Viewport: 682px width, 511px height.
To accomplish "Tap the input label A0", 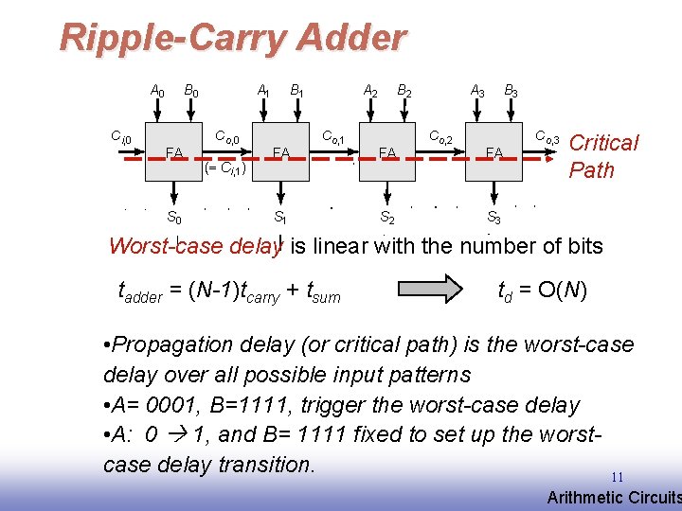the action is click(x=157, y=92).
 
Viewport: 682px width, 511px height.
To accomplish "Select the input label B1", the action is click(x=296, y=92).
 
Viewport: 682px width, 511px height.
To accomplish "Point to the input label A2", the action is click(x=370, y=92).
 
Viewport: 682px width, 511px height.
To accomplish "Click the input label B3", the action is click(x=511, y=92).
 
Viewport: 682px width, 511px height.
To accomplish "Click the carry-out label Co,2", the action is click(x=442, y=138).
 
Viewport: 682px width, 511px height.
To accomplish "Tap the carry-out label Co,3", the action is click(x=547, y=138).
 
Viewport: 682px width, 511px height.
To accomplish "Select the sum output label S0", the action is click(x=174, y=217).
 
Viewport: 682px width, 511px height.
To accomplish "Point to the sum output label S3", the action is click(x=494, y=218).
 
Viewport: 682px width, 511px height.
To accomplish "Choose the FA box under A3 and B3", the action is click(x=494, y=151).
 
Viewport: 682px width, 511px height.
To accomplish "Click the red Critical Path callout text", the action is click(x=602, y=156).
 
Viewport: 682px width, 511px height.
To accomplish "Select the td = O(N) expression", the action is click(x=542, y=290).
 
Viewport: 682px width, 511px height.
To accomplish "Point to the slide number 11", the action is click(x=617, y=477).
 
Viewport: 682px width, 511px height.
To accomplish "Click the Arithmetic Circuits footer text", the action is click(x=614, y=498).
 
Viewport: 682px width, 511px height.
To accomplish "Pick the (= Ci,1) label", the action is click(x=225, y=170).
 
